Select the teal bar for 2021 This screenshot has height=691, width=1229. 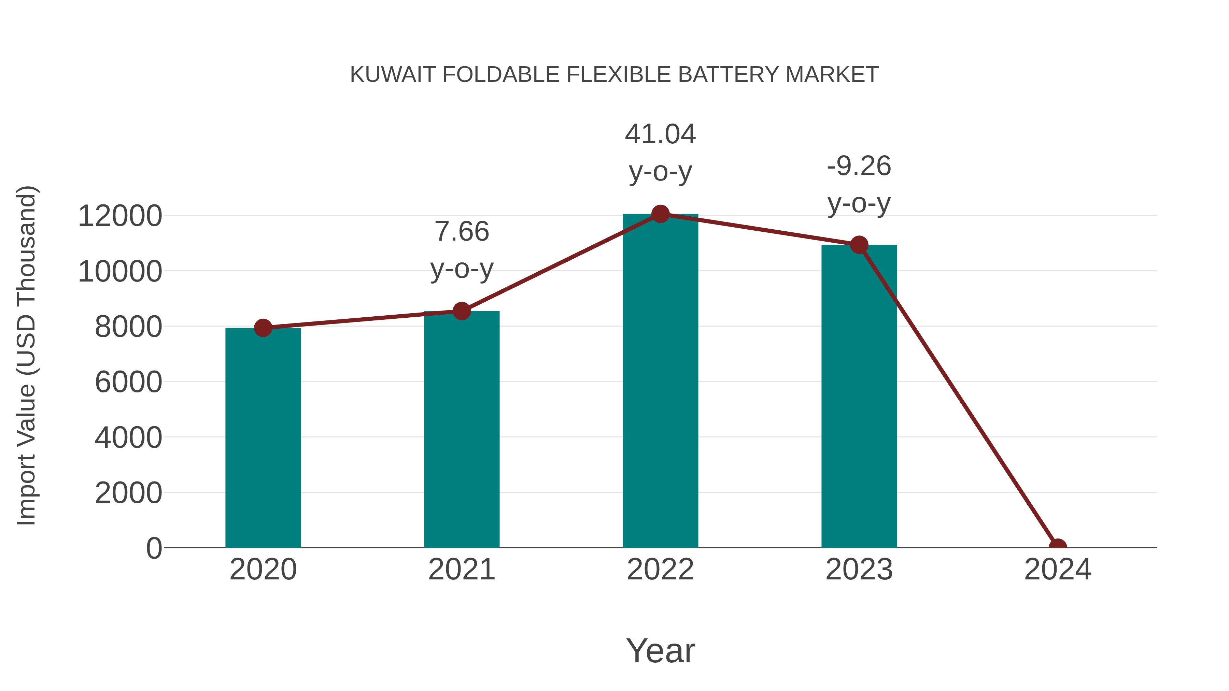461,429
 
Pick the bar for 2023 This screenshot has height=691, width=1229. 859,396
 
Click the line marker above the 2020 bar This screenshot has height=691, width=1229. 263,328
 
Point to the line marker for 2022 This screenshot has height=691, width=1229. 660,214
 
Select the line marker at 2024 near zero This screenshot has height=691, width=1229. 1057,547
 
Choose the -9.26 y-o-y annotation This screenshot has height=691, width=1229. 859,185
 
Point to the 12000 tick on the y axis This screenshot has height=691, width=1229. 120,216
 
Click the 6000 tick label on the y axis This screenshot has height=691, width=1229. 128,382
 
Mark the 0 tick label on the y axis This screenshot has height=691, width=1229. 154,548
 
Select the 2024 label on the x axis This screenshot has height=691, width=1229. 1057,570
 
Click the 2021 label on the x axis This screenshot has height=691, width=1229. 461,570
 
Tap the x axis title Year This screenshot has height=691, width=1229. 660,650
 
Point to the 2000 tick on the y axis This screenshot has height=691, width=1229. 128,493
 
